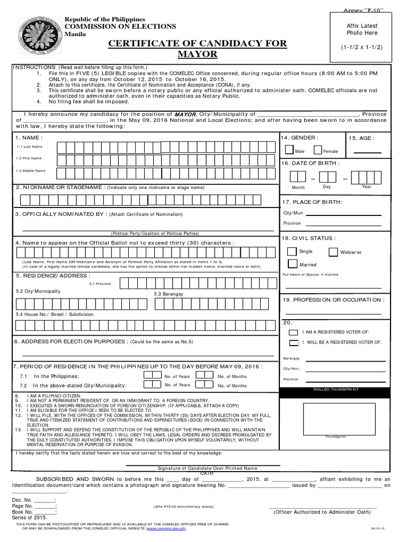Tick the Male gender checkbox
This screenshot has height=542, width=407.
pyautogui.click(x=289, y=150)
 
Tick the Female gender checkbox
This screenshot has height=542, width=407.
pyautogui.click(x=317, y=150)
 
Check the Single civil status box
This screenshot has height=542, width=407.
pyautogui.click(x=291, y=251)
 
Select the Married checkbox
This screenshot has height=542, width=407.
pyautogui.click(x=291, y=264)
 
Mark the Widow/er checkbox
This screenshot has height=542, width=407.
pyautogui.click(x=332, y=252)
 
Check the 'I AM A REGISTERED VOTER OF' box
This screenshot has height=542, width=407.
pyautogui.click(x=293, y=332)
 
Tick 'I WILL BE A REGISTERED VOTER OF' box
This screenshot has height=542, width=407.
pyautogui.click(x=293, y=343)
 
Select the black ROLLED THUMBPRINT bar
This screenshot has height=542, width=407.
pyautogui.click(x=335, y=390)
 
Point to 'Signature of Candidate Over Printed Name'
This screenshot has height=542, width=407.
pyautogui.click(x=208, y=468)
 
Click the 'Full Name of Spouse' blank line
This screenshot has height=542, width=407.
pyautogui.click(x=333, y=287)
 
